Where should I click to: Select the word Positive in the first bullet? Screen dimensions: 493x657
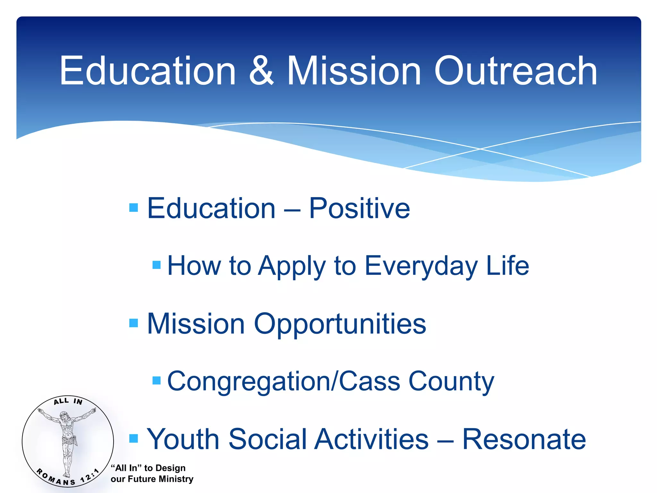[x=359, y=209]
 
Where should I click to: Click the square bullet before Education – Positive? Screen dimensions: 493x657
[x=133, y=208]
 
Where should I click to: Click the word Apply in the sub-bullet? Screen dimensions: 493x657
[x=292, y=266]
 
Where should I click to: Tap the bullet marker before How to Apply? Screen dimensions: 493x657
[x=157, y=265]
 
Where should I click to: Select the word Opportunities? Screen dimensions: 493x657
[x=340, y=324]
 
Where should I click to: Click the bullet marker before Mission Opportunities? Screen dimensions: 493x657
[x=133, y=323]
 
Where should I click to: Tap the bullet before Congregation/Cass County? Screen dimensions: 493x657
[x=157, y=380]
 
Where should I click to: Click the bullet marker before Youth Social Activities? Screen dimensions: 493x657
[x=133, y=438]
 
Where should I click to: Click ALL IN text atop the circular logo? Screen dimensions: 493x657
[x=68, y=401]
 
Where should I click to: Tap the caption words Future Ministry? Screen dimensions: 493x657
[x=160, y=479]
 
